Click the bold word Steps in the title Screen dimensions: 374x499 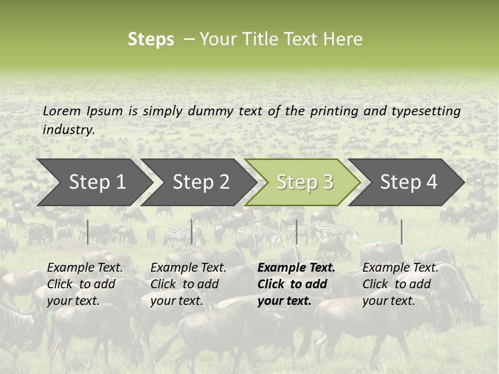point(151,39)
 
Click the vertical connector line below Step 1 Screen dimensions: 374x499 point(88,232)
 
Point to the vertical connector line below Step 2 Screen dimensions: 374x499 point(192,232)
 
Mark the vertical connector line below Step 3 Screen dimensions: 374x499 point(297,232)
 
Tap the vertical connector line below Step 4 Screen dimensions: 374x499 point(401,232)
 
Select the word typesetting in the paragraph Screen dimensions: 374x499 point(426,111)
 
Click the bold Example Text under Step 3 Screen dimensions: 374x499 point(296,268)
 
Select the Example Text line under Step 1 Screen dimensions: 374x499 point(85,268)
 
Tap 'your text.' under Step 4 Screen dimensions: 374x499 point(389,301)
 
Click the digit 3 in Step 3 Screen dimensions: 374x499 point(327,182)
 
